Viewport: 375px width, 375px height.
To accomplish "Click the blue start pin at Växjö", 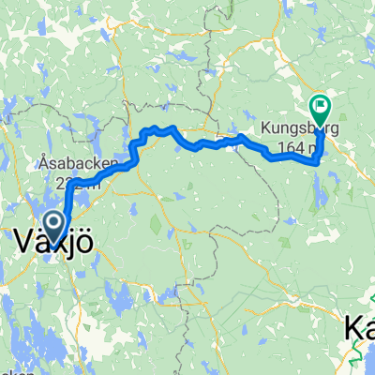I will tap(54, 224).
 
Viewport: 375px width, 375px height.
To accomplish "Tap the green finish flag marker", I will tap(321, 108).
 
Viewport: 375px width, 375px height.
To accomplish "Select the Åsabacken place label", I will tap(79, 162).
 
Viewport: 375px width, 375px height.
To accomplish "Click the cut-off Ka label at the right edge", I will tap(359, 327).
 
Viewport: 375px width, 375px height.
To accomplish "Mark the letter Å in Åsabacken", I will tap(45, 162).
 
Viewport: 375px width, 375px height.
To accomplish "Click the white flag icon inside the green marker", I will tap(321, 106).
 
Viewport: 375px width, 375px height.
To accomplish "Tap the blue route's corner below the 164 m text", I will tap(316, 161).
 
